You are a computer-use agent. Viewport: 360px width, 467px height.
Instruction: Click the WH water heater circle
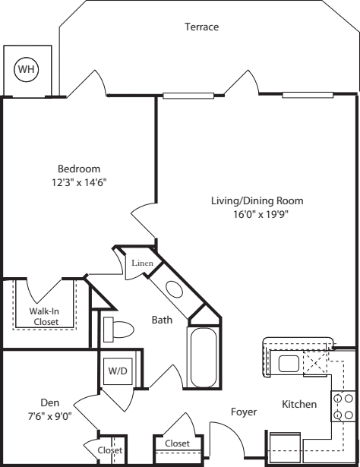tap(27, 70)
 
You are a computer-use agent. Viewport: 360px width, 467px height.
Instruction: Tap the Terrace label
tap(201, 27)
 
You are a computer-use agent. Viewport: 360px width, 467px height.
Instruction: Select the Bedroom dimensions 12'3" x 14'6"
tap(79, 182)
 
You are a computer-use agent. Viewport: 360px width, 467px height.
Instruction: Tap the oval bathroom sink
tap(174, 291)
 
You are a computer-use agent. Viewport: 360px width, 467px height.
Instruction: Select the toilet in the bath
tap(118, 328)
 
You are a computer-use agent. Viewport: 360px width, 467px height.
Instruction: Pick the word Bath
tap(161, 320)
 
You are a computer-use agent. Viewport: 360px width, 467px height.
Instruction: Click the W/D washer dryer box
tap(118, 372)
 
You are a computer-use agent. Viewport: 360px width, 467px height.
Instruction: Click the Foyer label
tap(244, 412)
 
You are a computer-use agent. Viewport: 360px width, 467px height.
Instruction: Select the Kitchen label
tap(299, 404)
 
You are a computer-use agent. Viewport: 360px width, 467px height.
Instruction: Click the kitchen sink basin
tap(289, 364)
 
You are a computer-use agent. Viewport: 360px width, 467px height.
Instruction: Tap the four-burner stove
tap(343, 406)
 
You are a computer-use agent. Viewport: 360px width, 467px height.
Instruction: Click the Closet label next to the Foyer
tap(176, 443)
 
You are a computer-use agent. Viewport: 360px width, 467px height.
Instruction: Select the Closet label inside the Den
tap(109, 450)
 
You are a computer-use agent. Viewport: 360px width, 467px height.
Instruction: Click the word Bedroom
tap(79, 169)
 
